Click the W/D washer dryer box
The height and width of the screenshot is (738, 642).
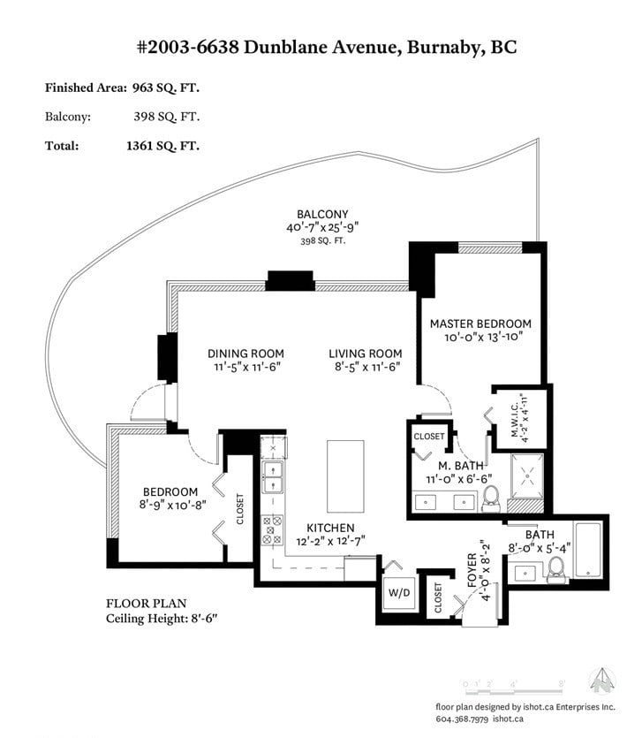point(399,592)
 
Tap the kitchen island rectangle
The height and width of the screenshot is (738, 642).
point(345,476)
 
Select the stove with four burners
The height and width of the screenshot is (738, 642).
point(272,530)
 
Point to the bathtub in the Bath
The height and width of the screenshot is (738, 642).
point(588,551)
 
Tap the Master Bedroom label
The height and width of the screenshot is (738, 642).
point(480,323)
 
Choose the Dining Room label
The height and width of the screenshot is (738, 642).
point(245,354)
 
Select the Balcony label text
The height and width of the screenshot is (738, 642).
point(322,214)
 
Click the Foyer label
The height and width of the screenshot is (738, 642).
point(472,570)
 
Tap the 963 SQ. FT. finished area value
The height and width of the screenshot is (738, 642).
point(165,87)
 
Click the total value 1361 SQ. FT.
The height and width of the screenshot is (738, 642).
point(162,146)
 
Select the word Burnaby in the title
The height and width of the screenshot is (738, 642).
point(445,48)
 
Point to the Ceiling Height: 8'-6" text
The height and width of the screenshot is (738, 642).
point(162,619)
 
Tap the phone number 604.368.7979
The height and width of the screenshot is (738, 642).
point(462,719)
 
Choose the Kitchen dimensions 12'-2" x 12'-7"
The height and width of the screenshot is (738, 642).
point(330,541)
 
